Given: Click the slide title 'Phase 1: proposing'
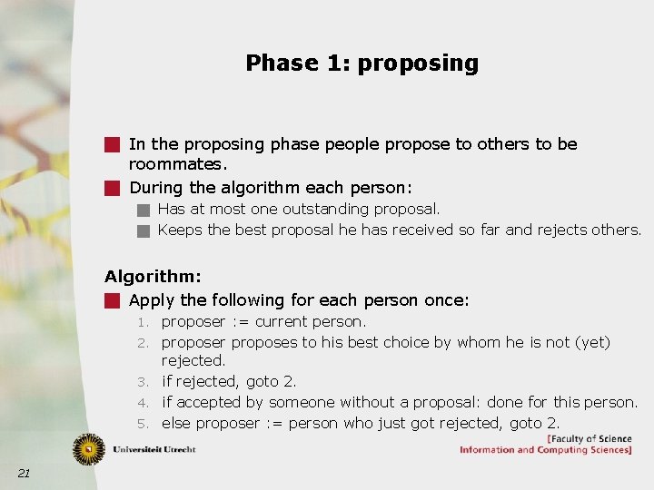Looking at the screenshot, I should point(362,63).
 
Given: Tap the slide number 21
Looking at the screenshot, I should point(24,473).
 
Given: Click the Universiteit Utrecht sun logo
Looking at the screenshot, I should point(89,448).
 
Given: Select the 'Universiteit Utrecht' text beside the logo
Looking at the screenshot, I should point(155,449).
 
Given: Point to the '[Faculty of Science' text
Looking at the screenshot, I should point(589,439).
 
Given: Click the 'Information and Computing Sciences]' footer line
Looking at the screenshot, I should point(545,450).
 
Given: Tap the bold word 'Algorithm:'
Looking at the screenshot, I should point(153,277).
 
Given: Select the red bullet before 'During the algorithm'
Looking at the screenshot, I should point(112,189).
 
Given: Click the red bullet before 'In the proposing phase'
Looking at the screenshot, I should point(112,144).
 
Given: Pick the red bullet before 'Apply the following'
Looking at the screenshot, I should point(112,300).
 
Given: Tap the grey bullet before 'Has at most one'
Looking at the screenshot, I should point(143,210).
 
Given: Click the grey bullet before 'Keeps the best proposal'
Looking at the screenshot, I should point(143,230).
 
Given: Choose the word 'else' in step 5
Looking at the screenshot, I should point(176,423).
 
